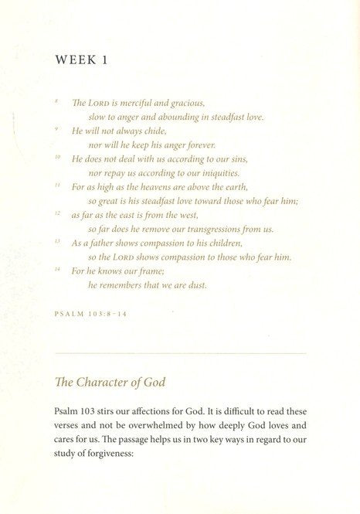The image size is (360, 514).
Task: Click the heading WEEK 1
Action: point(87,60)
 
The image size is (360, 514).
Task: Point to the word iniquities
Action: point(205,173)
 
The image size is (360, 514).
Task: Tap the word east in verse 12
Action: point(132,215)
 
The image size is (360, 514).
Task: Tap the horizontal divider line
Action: point(179,353)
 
